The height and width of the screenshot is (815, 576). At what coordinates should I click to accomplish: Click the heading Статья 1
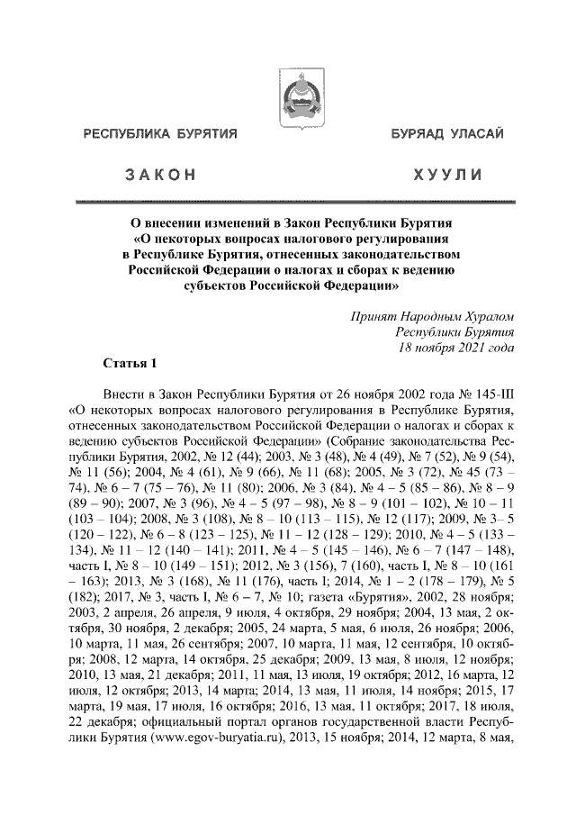pos(130,365)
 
